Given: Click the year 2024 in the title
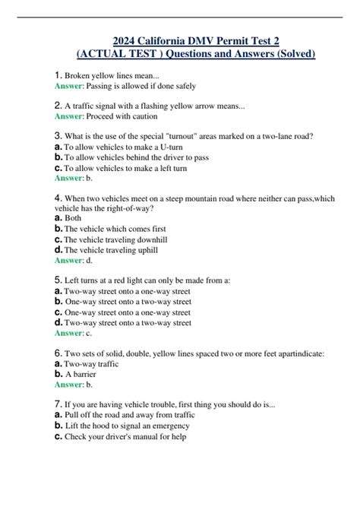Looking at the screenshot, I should tap(124, 40).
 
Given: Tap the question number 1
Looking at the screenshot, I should tap(58, 75).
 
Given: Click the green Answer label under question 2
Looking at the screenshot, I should tap(69, 116).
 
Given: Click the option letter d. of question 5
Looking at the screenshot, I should tap(58, 322).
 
